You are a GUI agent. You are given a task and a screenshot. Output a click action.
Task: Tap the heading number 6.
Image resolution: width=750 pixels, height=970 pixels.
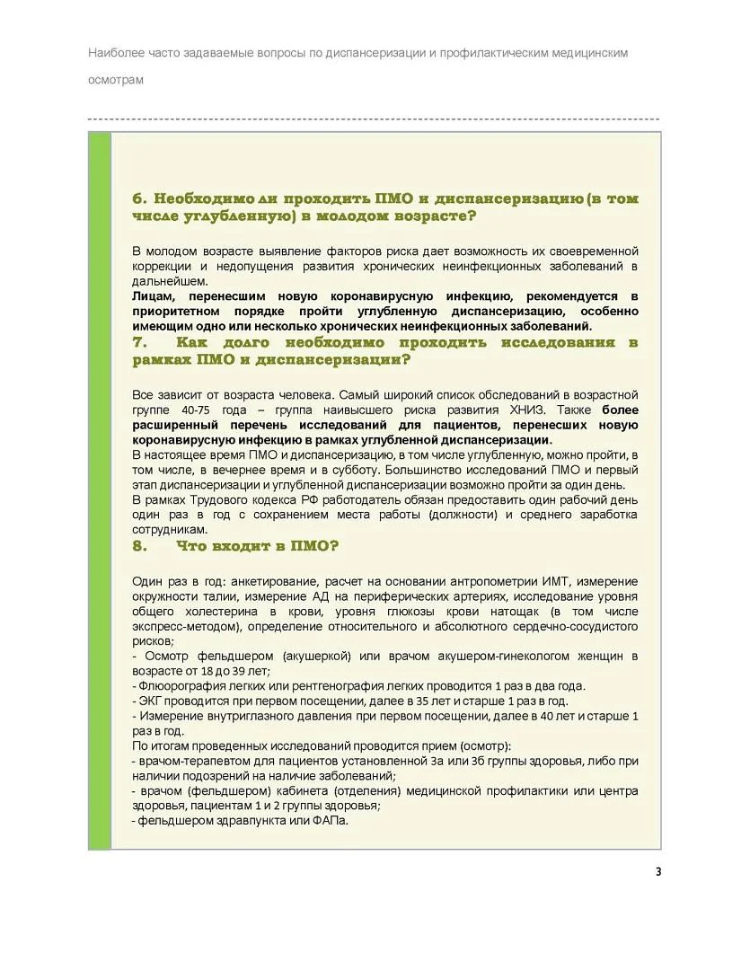pos(138,198)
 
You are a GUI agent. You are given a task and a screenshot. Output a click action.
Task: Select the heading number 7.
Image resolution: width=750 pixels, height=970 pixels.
pos(138,343)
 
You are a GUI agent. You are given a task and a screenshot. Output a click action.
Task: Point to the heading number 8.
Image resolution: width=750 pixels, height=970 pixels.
pos(138,546)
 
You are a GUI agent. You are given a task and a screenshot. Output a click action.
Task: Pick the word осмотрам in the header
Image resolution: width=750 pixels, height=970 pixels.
pos(116,79)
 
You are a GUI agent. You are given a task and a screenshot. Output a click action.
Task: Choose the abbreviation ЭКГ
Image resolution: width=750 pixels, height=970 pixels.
pos(149,701)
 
